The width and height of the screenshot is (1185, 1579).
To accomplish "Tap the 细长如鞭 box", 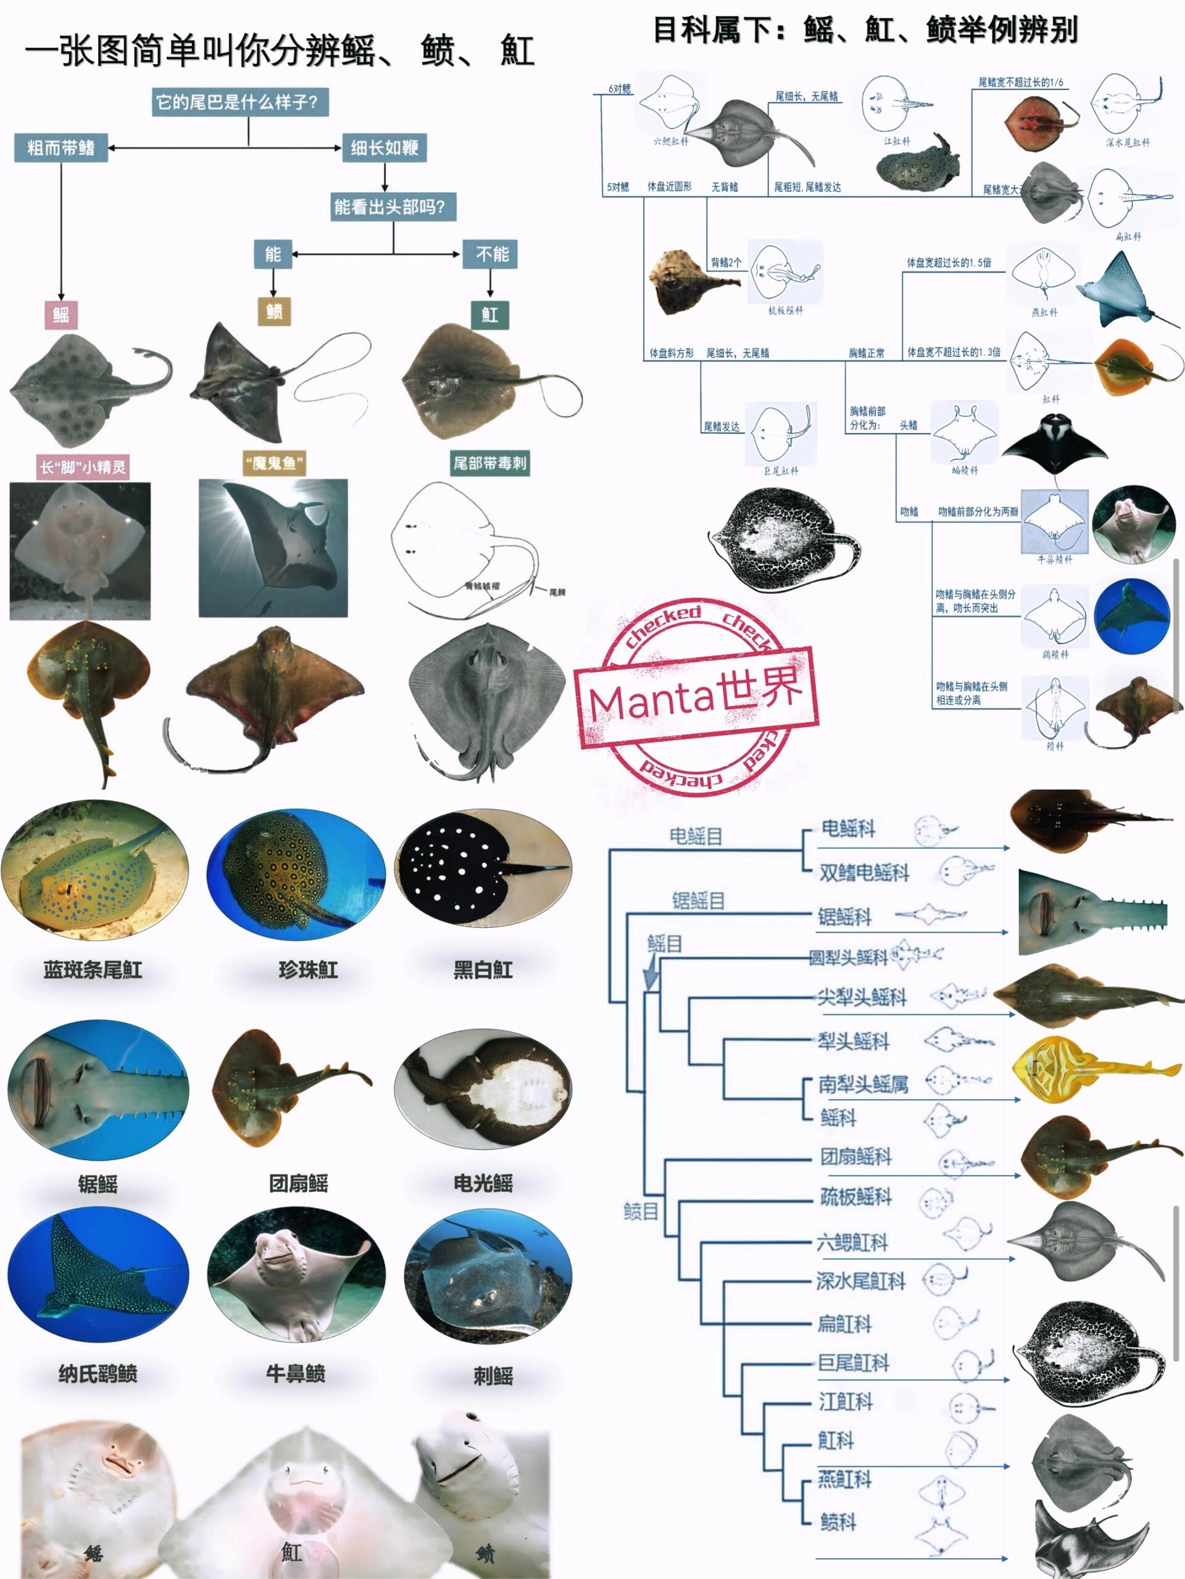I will pyautogui.click(x=385, y=148).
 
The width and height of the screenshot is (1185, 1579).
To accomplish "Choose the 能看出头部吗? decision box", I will pyautogui.click(x=389, y=207).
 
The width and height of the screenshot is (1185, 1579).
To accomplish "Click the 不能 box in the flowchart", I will pyautogui.click(x=491, y=254).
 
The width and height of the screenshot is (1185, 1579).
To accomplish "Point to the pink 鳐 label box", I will pyautogui.click(x=60, y=314).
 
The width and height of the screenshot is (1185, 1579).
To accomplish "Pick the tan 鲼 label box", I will pyautogui.click(x=274, y=311).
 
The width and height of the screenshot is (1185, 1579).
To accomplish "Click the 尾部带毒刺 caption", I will pyautogui.click(x=490, y=463).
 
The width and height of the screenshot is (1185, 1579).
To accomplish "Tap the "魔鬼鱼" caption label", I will pyautogui.click(x=274, y=464).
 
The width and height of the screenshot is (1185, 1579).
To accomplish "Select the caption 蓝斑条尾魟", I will pyautogui.click(x=93, y=970).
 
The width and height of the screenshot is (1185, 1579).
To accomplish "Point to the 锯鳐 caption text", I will pyautogui.click(x=98, y=1184).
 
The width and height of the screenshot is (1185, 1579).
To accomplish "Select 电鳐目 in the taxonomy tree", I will pyautogui.click(x=696, y=836).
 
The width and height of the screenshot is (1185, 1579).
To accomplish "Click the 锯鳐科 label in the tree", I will pyautogui.click(x=845, y=917).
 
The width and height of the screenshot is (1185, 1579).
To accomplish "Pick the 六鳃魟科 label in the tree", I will pyautogui.click(x=852, y=1242).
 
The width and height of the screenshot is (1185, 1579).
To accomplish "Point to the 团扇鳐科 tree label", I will pyautogui.click(x=855, y=1156).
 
